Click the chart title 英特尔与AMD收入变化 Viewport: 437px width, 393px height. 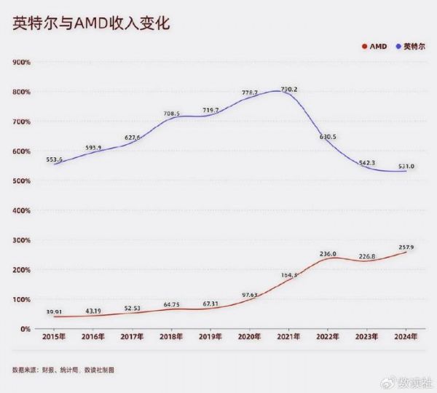[x=91, y=23]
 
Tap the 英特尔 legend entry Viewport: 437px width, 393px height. [x=409, y=47]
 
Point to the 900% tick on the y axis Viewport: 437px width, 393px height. [x=21, y=62]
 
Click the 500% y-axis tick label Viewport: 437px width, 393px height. [x=21, y=180]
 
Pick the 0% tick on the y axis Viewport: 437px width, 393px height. [x=25, y=329]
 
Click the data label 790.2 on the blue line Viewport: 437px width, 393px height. [x=290, y=90]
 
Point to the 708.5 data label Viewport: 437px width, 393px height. [x=172, y=114]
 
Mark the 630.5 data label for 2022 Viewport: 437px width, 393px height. [x=328, y=137]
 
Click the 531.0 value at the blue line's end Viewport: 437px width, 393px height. [x=405, y=166]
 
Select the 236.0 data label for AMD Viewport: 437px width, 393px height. [x=328, y=254]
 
